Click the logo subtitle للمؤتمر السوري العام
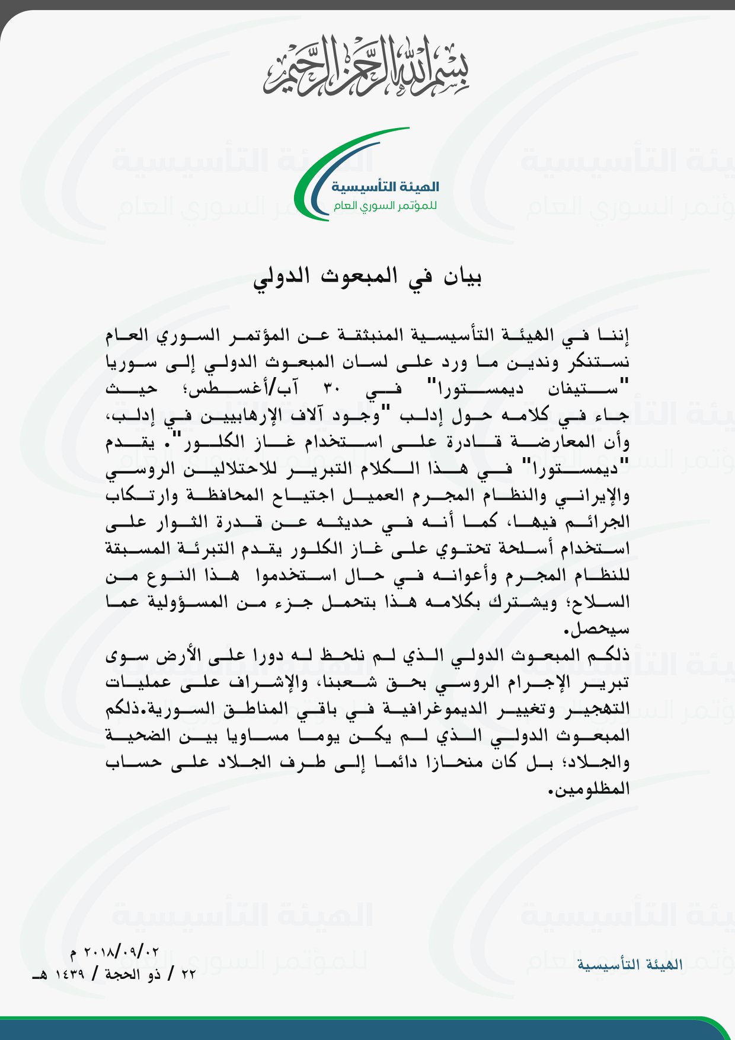pyautogui.click(x=385, y=206)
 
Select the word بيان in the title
pyautogui.click(x=463, y=277)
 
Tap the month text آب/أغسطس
pyautogui.click(x=238, y=390)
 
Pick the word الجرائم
pyautogui.click(x=602, y=522)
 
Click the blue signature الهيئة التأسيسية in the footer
pyautogui.click(x=630, y=965)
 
